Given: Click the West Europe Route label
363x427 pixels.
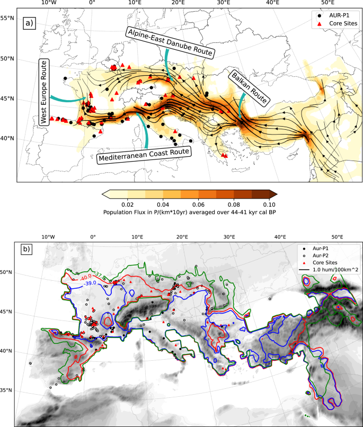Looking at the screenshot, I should tap(44, 93).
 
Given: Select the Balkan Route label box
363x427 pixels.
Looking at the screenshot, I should tap(249, 87).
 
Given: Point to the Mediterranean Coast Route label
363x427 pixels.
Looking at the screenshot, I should tap(144, 152).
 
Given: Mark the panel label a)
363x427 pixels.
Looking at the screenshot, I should tap(29, 23).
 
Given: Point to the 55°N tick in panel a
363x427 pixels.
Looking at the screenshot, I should tap(8, 18).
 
